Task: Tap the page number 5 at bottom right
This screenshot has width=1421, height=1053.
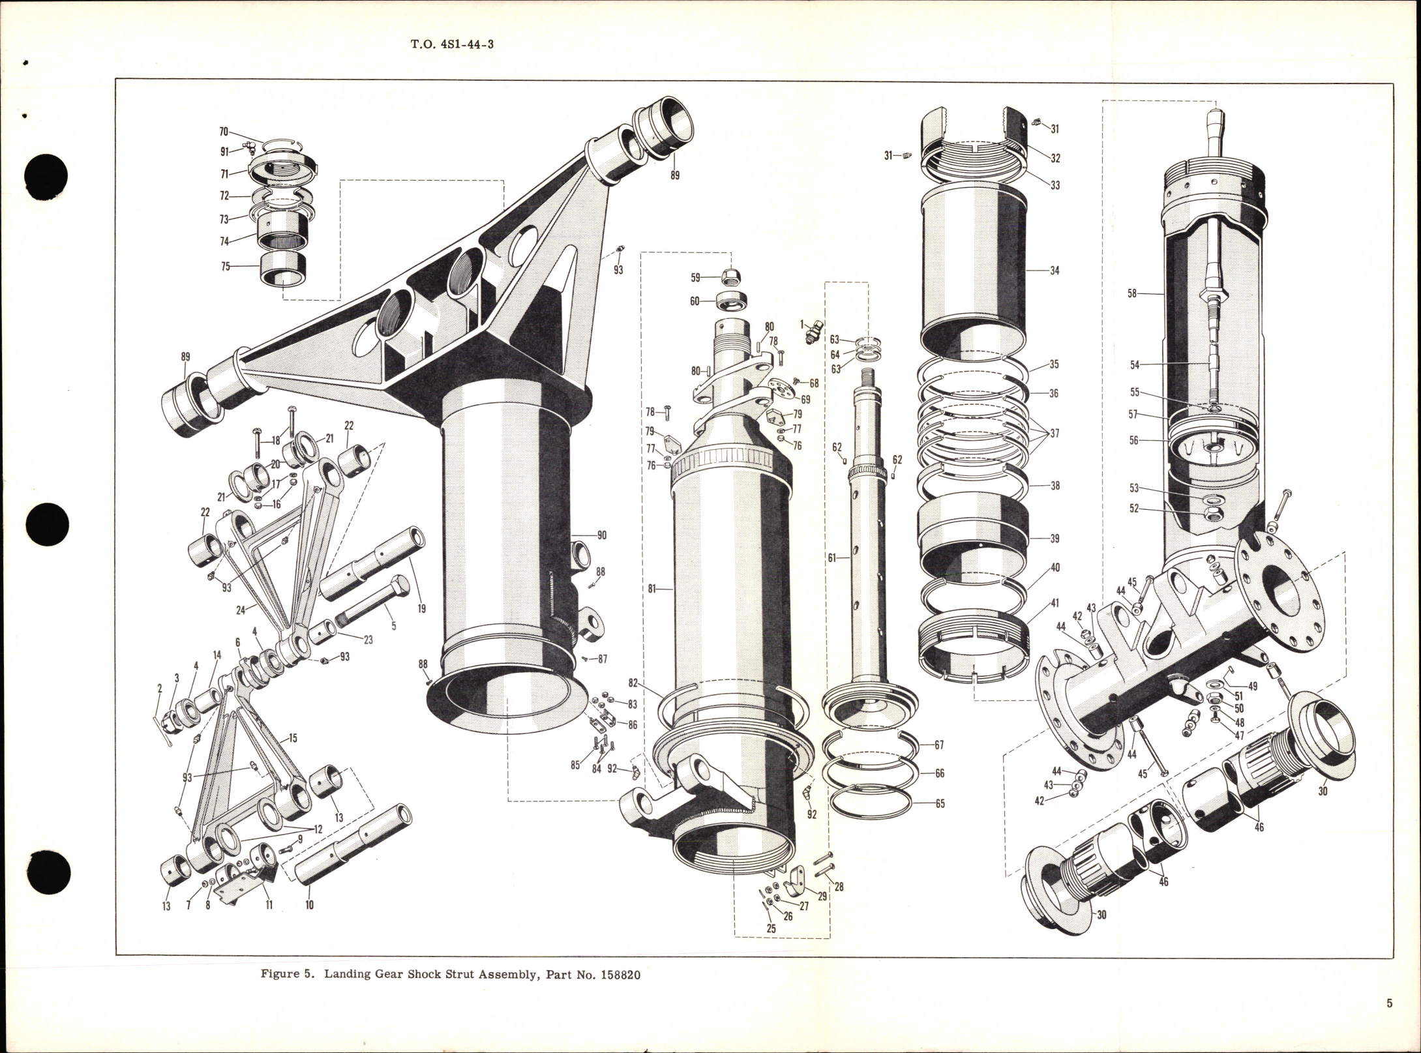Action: coord(1389,1022)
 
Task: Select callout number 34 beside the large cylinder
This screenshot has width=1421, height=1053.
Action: coord(1055,270)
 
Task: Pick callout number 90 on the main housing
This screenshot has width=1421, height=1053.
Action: coord(601,535)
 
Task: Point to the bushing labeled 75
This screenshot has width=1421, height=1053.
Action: coord(284,269)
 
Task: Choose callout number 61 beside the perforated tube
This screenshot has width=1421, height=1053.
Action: coord(831,557)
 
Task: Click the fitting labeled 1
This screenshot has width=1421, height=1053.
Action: coord(810,334)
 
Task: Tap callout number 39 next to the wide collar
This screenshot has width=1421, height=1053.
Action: coord(1055,539)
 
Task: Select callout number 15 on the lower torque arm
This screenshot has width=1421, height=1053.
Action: coord(292,738)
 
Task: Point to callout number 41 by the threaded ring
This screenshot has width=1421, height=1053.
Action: coord(1055,602)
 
